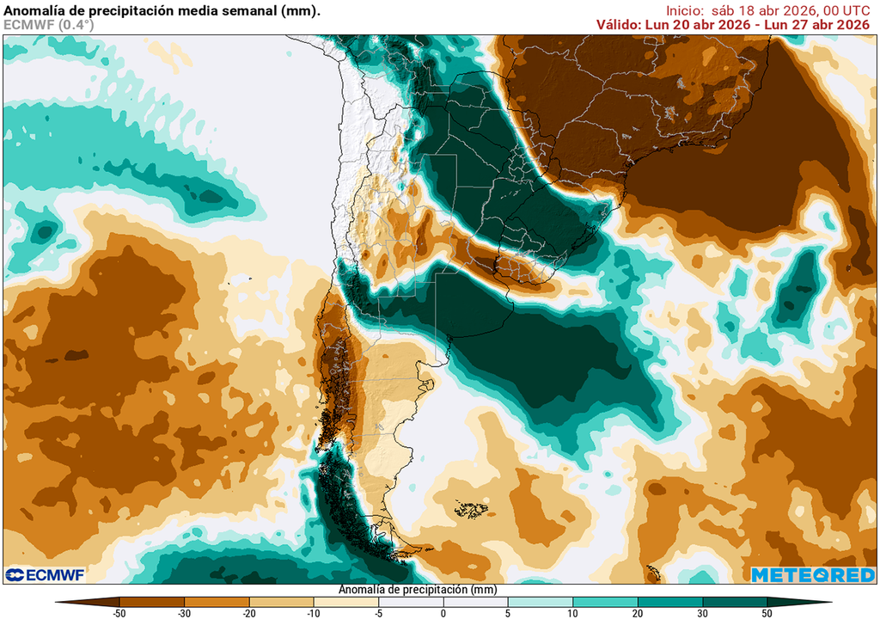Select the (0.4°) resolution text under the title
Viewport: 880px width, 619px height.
click(76, 25)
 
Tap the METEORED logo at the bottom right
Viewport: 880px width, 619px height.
click(814, 574)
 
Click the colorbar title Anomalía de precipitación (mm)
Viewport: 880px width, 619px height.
click(418, 590)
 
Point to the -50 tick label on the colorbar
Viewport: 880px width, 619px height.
click(119, 613)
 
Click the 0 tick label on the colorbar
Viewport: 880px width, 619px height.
click(443, 613)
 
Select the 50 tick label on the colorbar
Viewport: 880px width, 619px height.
click(767, 613)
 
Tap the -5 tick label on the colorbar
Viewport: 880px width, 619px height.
click(379, 613)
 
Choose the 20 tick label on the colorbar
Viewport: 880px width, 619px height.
click(638, 613)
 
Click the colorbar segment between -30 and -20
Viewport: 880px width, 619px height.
click(217, 602)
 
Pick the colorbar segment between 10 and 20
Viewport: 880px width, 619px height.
click(605, 602)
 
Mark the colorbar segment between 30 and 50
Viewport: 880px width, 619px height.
click(735, 602)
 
